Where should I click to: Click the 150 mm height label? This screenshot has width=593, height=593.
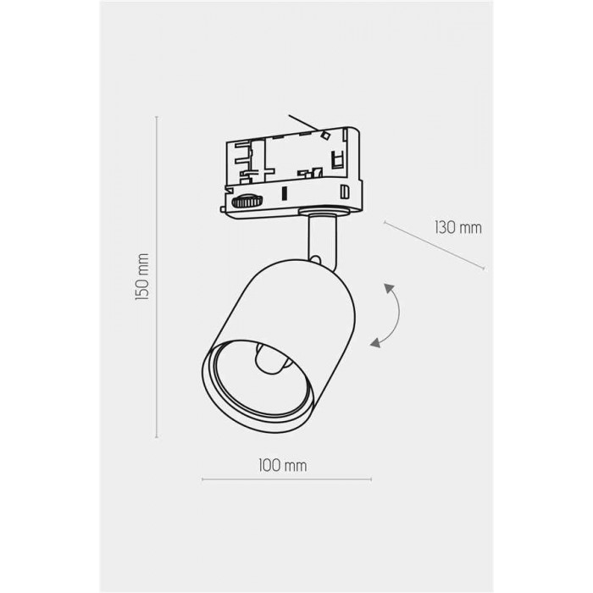point(141,276)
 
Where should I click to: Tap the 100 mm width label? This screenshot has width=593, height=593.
point(282,465)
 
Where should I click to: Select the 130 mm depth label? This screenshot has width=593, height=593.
point(458,228)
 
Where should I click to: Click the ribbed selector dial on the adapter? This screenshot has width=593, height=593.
point(247,202)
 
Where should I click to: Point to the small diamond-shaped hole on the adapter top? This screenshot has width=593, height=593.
point(324,134)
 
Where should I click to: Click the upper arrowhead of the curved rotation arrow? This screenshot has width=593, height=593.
point(389,288)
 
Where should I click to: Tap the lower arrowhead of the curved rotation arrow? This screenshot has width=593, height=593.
point(375,342)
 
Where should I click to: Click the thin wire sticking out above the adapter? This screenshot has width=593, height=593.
point(302,123)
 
